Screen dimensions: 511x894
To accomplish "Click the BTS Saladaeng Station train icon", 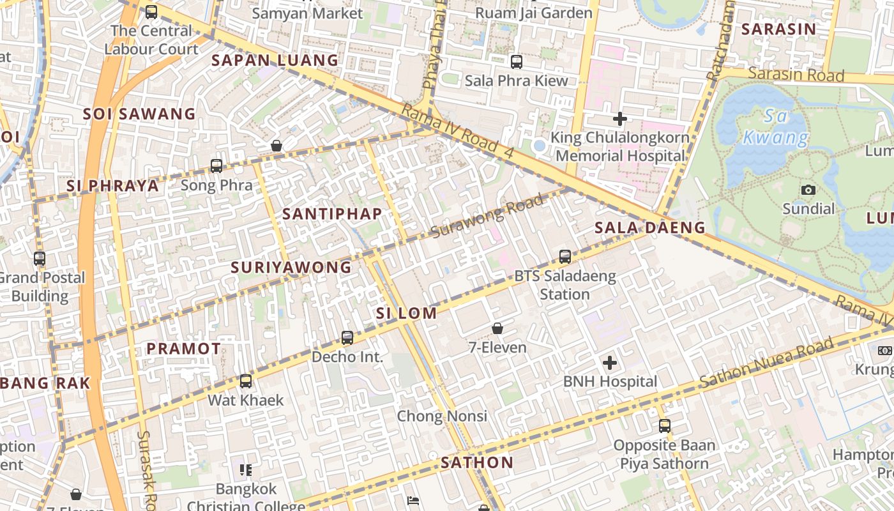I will [x=565, y=257].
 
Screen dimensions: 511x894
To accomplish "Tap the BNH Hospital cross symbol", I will [x=610, y=363].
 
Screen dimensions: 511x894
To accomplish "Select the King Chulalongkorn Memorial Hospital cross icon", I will [x=619, y=119].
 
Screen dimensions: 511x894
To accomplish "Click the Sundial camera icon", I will [x=808, y=190].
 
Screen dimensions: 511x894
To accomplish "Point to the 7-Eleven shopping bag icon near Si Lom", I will [x=497, y=328].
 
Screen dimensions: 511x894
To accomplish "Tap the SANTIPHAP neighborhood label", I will [x=332, y=214].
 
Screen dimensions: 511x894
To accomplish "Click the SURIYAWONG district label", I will [x=291, y=268].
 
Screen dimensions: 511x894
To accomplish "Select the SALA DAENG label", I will [x=650, y=227].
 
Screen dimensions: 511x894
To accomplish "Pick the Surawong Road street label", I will [x=489, y=216].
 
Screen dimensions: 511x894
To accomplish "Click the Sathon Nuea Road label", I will [x=766, y=362].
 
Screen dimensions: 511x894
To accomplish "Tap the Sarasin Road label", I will [x=796, y=75].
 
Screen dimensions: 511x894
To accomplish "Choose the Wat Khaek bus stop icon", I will [x=246, y=381].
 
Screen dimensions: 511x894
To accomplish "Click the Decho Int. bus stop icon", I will [x=347, y=338].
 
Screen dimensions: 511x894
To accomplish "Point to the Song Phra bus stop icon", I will [x=216, y=166].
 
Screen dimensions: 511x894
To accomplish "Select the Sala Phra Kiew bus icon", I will [x=517, y=62].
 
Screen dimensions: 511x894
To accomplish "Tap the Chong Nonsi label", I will [x=442, y=416].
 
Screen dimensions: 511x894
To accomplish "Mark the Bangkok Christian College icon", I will [x=246, y=471].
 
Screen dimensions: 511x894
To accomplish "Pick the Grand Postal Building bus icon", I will [x=40, y=259].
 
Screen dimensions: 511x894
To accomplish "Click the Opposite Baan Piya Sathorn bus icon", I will [x=665, y=426].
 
